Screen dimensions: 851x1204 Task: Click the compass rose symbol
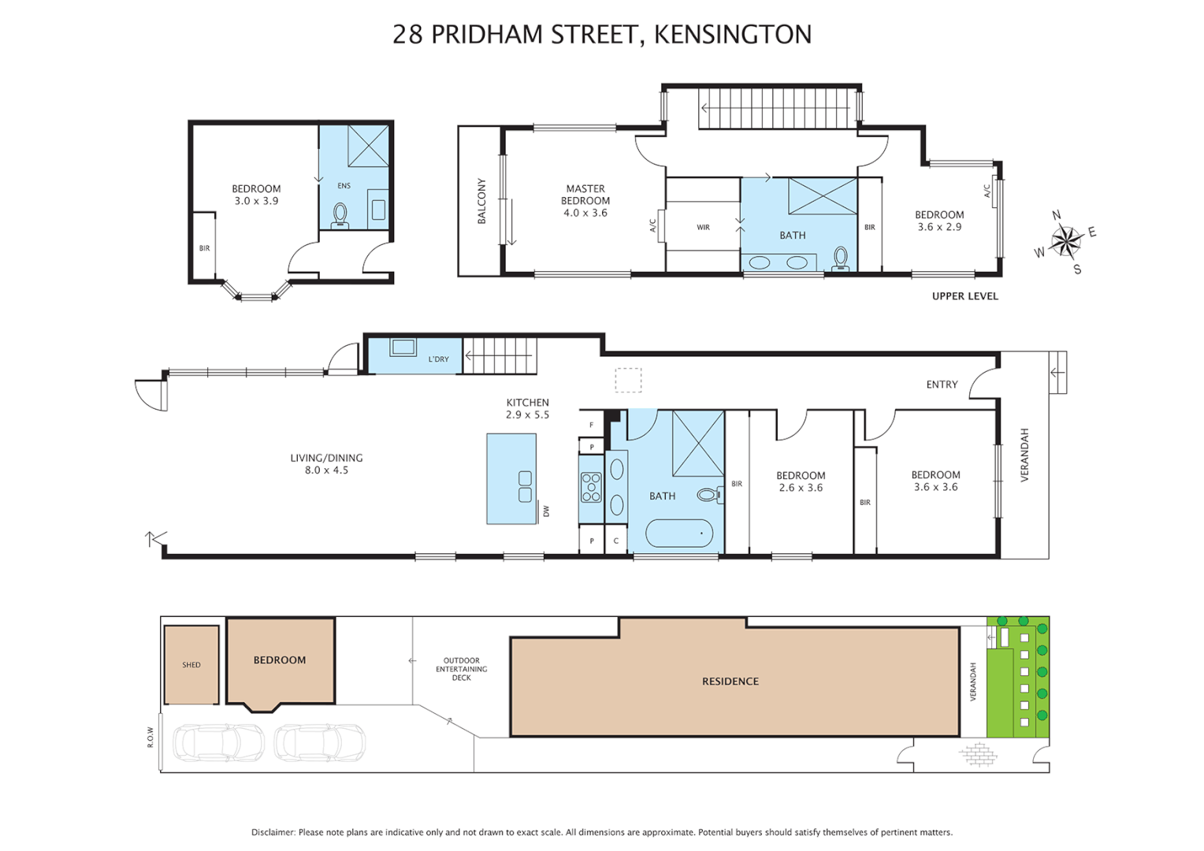click(1065, 241)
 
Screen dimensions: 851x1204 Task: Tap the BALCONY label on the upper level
click(481, 201)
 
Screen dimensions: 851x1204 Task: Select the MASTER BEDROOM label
click(585, 195)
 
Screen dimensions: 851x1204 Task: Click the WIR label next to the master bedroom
click(703, 228)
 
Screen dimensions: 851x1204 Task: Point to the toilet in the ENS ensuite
click(340, 214)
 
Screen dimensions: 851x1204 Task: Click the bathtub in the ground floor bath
click(679, 533)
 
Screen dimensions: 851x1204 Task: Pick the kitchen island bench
click(511, 478)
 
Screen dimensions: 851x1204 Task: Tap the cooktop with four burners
click(591, 487)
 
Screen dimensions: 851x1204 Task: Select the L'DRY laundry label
click(438, 359)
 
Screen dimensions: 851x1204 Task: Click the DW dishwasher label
click(546, 511)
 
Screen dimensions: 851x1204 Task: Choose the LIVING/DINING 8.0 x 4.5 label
click(326, 463)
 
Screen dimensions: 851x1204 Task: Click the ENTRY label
click(942, 385)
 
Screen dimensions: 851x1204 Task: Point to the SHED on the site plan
click(191, 665)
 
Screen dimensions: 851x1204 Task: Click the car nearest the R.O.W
click(218, 743)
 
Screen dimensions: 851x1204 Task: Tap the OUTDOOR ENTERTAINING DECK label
click(462, 669)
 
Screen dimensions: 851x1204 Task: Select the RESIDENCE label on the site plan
click(730, 682)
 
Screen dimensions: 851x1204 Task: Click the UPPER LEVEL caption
click(964, 296)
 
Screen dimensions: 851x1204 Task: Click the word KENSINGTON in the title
click(733, 35)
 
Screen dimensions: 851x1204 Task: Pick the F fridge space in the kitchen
click(591, 425)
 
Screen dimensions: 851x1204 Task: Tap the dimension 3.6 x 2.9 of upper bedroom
click(939, 227)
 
